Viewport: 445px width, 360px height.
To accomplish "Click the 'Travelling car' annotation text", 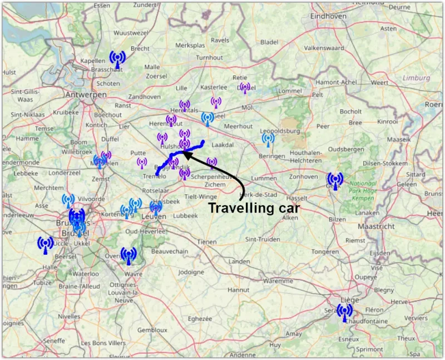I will pyautogui.click(x=254, y=208).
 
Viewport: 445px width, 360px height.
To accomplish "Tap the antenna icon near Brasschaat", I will pyautogui.click(x=117, y=59).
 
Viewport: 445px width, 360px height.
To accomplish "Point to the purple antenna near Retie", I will pyautogui.click(x=245, y=88).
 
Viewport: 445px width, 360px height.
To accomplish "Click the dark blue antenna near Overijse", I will pyautogui.click(x=128, y=256).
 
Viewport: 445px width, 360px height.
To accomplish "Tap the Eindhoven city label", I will pyautogui.click(x=328, y=16).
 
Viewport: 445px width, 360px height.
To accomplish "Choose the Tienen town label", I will pyautogui.click(x=207, y=241).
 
